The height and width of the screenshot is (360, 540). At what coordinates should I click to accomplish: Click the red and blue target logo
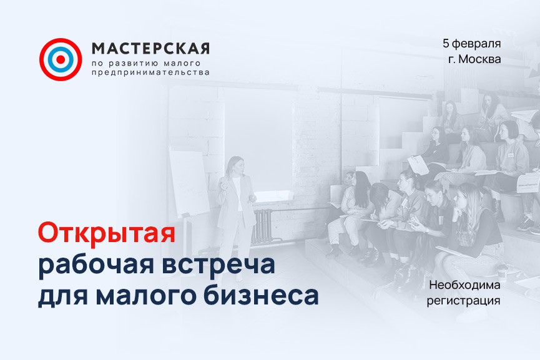[x=61, y=59]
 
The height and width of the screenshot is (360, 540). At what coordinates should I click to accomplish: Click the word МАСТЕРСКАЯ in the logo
[x=150, y=49]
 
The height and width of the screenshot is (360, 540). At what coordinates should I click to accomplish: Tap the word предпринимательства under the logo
[x=150, y=72]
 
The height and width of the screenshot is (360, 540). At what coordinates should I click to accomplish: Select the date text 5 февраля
[x=471, y=44]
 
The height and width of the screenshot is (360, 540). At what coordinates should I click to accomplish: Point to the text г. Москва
[x=474, y=59]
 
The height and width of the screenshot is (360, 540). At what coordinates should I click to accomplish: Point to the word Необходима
[x=465, y=285]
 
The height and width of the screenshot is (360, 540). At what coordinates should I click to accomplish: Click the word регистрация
[x=464, y=300]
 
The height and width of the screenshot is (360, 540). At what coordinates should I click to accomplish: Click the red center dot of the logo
[x=61, y=59]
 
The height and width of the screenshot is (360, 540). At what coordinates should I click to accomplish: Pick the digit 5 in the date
[x=446, y=44]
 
